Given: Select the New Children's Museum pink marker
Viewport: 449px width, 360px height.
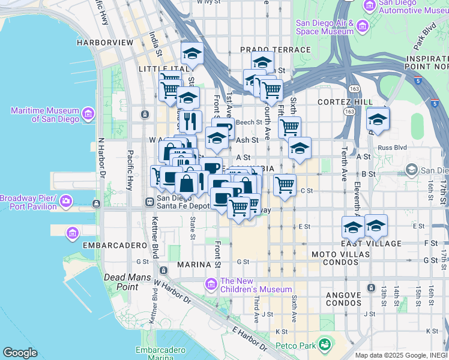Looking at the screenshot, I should pyautogui.click(x=211, y=283).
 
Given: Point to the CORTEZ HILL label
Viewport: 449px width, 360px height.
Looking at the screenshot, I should pyautogui.click(x=338, y=103).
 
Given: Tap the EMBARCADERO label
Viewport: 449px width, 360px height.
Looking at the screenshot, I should pyautogui.click(x=98, y=245).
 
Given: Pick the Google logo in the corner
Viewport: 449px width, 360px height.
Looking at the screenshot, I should pyautogui.click(x=20, y=352).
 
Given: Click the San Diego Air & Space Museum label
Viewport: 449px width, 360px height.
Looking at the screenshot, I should pyautogui.click(x=325, y=27).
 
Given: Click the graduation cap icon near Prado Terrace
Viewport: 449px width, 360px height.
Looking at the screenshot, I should pyautogui.click(x=262, y=61).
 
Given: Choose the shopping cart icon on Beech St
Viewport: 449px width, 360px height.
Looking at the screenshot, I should pyautogui.click(x=289, y=127).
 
